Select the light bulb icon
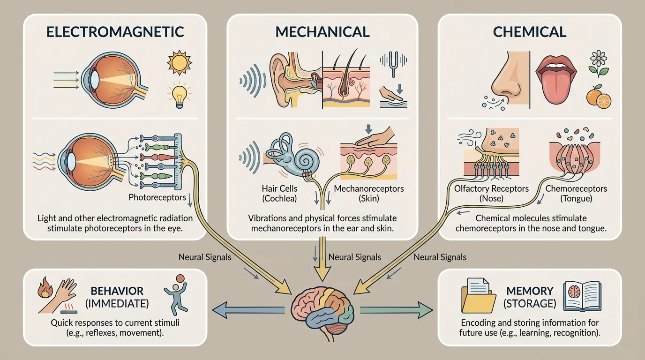[x=179, y=94]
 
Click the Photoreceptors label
[x=157, y=197]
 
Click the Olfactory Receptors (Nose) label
[x=491, y=194]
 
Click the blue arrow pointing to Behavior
[x=248, y=309]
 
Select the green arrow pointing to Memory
[x=396, y=309]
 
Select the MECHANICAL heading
[x=322, y=32]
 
